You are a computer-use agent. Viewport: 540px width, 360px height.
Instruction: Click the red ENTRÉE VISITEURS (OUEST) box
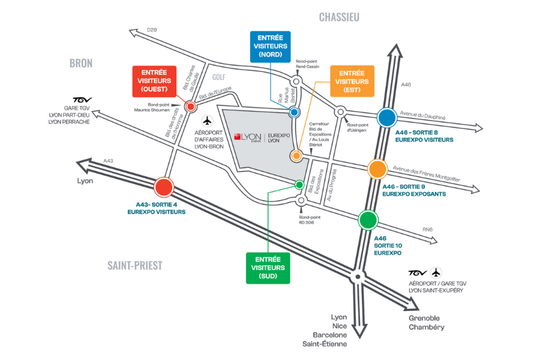tap(154, 81)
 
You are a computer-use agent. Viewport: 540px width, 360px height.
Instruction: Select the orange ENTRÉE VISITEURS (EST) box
tap(352, 81)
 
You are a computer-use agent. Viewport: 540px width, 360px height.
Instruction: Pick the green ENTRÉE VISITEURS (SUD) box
tap(268, 267)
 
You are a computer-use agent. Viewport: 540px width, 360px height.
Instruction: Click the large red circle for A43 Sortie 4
tap(163, 188)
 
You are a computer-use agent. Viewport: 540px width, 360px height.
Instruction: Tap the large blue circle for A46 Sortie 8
tap(386, 118)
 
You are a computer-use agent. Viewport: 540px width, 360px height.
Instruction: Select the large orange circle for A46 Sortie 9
tap(377, 169)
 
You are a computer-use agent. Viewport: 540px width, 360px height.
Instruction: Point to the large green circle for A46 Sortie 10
tap(368, 220)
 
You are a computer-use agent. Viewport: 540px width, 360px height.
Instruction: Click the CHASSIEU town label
tap(339, 17)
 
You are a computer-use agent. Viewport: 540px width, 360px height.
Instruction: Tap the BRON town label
tap(81, 63)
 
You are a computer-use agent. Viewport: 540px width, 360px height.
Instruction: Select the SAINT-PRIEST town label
tap(135, 265)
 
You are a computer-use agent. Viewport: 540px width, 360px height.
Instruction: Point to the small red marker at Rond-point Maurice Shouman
tap(191, 107)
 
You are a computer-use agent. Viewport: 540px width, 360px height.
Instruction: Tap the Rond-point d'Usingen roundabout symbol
tap(340, 112)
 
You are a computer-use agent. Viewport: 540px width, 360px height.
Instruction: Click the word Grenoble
tap(424, 317)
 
